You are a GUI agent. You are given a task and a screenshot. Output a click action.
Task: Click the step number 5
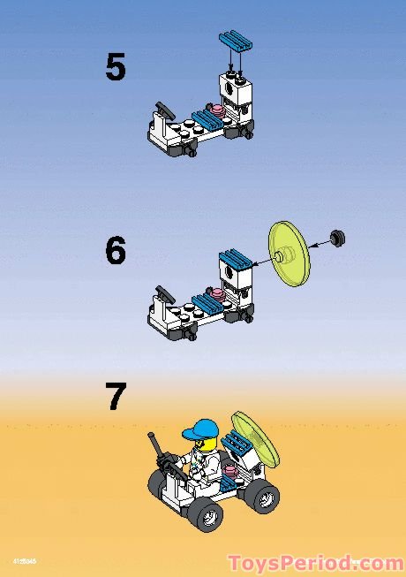tap(116, 68)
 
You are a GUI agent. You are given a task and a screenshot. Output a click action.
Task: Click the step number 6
tap(116, 251)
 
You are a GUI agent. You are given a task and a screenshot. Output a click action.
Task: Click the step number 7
tap(117, 397)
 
